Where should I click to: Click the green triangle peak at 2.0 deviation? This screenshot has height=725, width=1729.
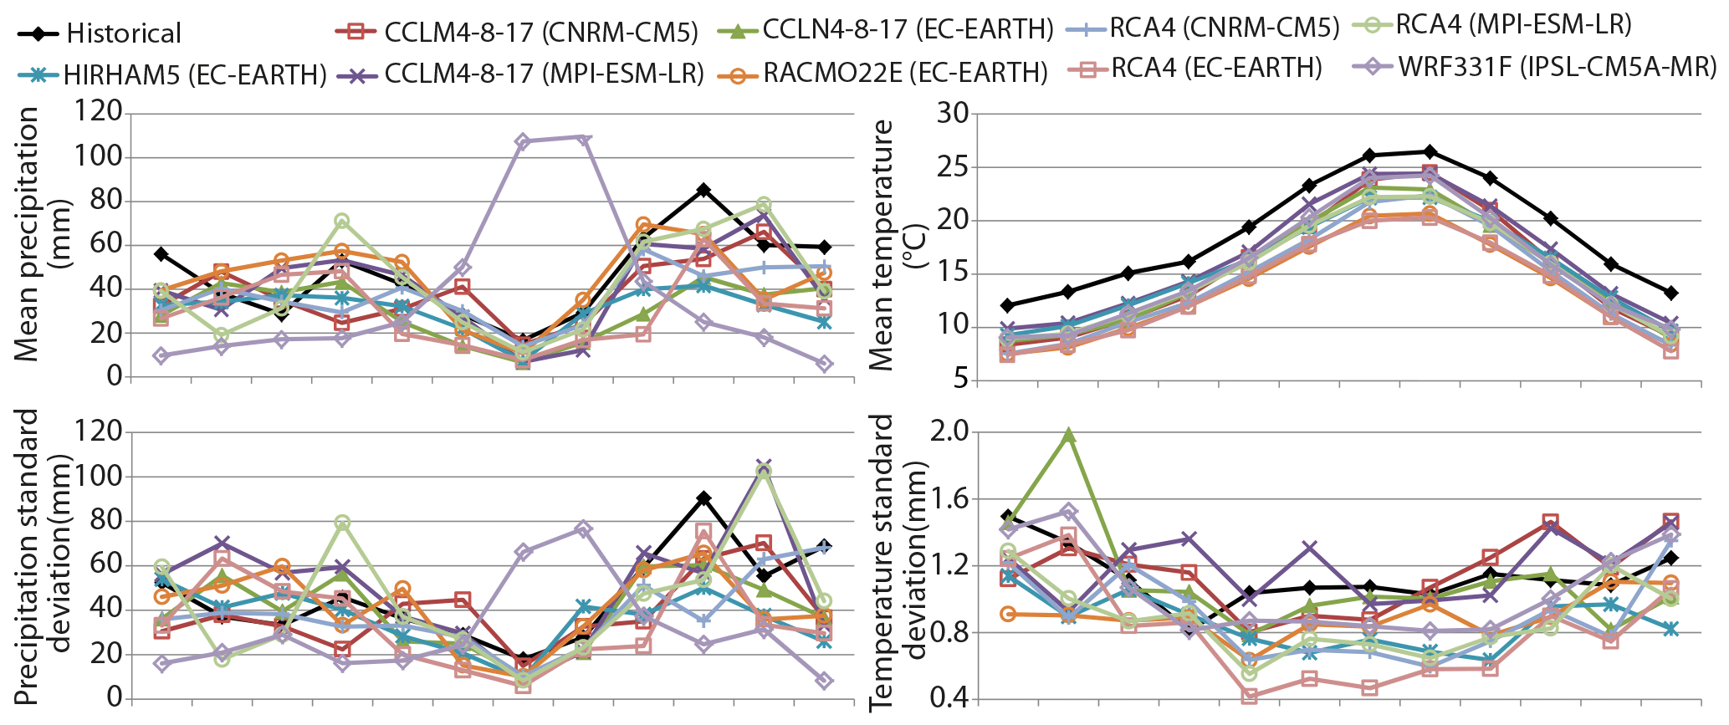click(x=1068, y=435)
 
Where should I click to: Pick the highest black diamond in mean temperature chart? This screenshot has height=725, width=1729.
click(x=1430, y=151)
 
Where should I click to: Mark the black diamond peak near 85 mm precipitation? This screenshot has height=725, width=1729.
click(x=703, y=190)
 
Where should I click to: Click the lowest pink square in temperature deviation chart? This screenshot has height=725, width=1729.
click(x=1250, y=696)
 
